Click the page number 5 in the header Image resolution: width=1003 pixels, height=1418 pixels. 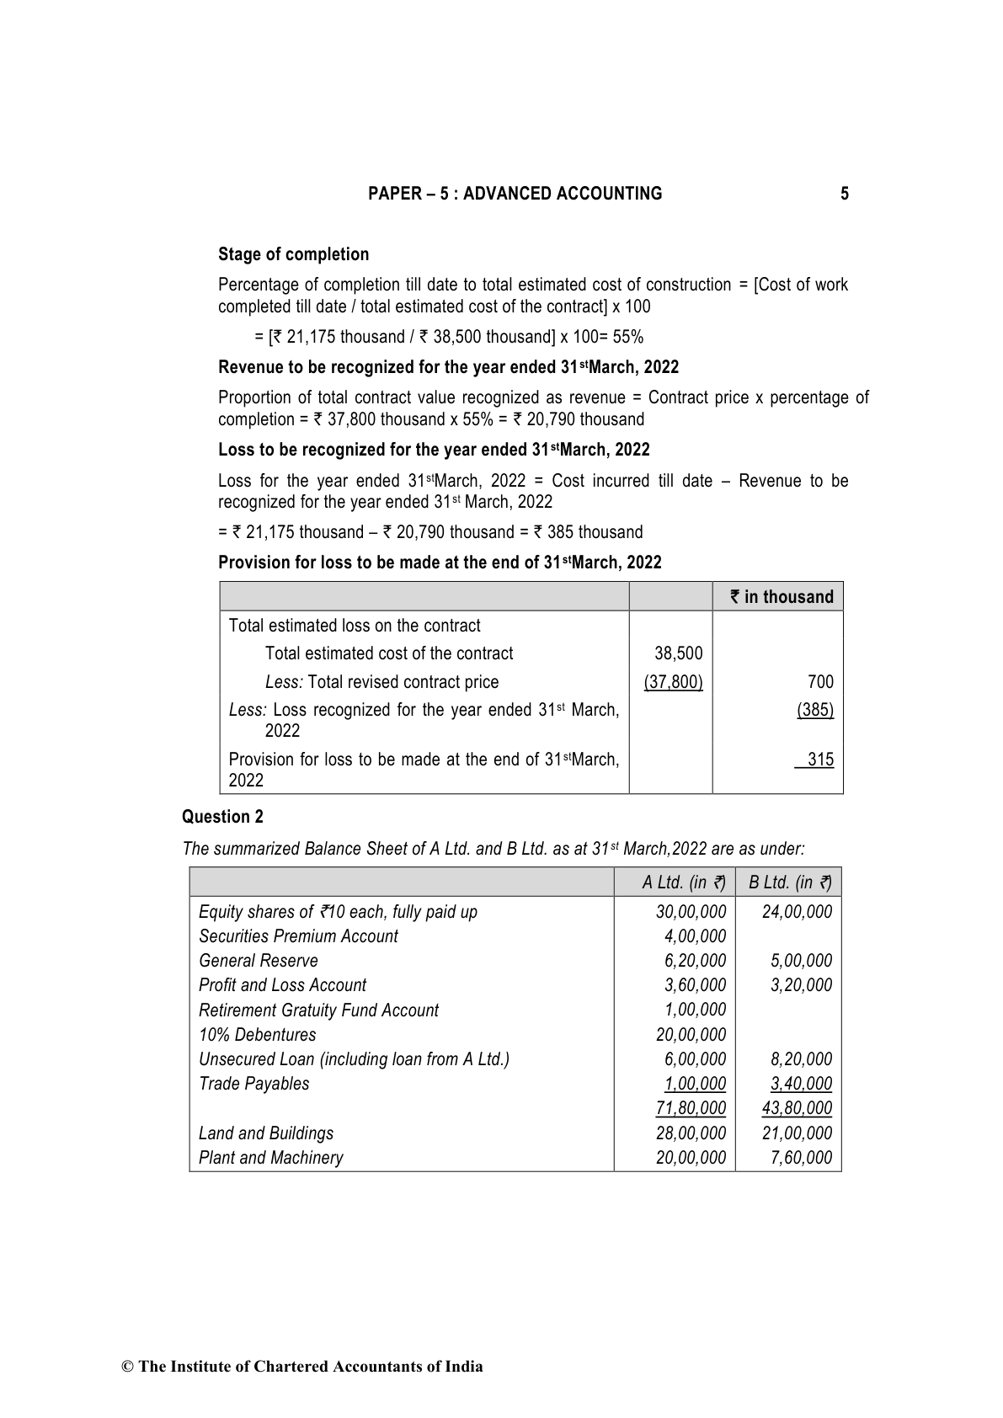coord(844,194)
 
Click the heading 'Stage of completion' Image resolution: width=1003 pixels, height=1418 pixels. coord(293,254)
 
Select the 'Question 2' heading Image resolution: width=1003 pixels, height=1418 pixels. coord(222,817)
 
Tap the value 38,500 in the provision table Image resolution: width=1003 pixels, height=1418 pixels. coord(678,653)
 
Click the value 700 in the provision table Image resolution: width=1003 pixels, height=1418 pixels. coord(819,682)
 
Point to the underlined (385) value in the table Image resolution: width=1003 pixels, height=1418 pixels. coord(815,710)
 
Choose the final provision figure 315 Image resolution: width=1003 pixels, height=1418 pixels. coord(819,760)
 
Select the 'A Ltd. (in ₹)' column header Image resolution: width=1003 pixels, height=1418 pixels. coord(683,882)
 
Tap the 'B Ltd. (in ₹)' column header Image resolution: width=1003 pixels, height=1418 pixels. coord(789,882)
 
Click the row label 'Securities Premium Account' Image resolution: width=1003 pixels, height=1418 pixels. coord(298,936)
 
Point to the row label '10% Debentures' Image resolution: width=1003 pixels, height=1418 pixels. coord(257,1035)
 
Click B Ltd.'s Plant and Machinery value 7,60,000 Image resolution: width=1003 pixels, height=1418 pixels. coord(801,1158)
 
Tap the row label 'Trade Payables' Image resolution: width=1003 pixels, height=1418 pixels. coord(253,1084)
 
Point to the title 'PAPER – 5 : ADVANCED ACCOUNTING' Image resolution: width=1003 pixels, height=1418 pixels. coord(515,194)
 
